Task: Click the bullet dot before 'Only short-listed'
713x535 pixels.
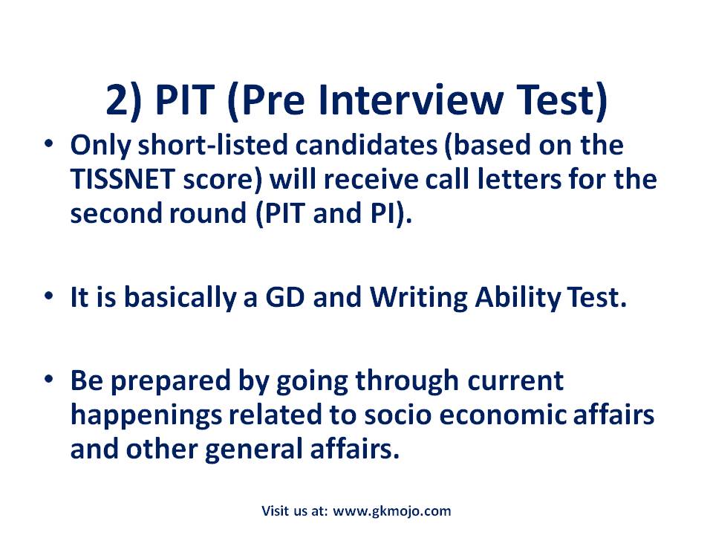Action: [x=48, y=144]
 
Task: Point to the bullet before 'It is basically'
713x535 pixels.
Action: [x=48, y=297]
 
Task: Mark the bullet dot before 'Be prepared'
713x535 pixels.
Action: [x=48, y=380]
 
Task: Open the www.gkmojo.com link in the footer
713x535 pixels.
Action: [x=392, y=510]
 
